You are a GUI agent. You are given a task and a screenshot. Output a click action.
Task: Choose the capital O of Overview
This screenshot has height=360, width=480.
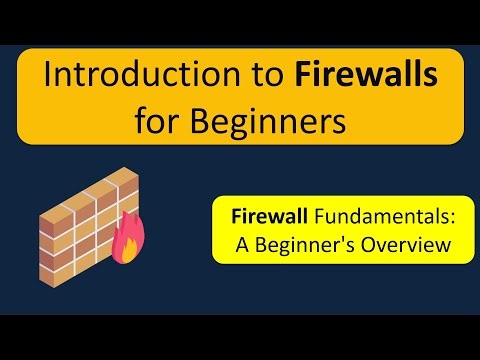coord(379,244)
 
